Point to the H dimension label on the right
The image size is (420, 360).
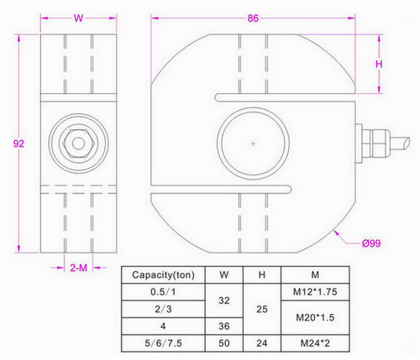(x=379, y=65)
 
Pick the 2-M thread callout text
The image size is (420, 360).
(x=78, y=268)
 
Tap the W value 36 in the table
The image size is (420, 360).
(x=223, y=325)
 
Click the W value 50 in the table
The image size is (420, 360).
(x=223, y=342)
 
